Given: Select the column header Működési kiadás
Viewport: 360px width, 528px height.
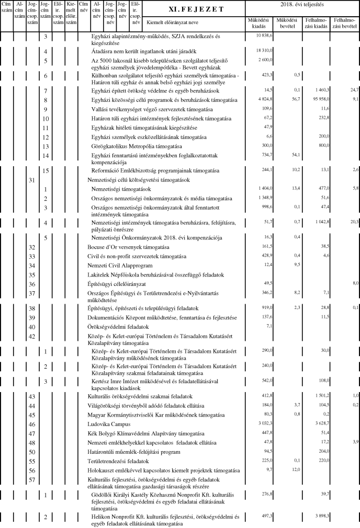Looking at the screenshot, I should click(x=259, y=23).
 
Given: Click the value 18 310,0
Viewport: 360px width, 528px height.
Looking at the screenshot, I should click(x=264, y=51).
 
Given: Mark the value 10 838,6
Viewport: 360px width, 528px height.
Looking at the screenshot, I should click(x=264, y=35).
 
